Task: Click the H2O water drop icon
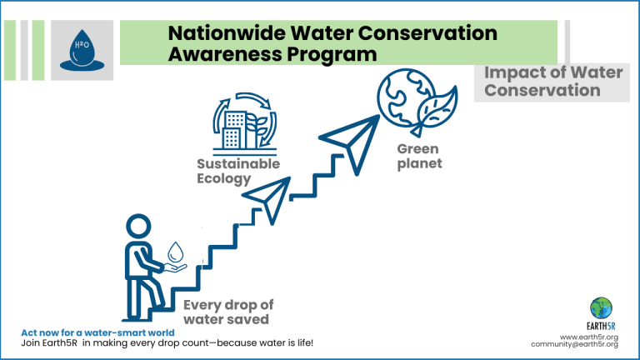tap(82, 50)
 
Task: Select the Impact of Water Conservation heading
tap(553, 81)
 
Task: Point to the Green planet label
tap(420, 156)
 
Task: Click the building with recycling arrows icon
tap(244, 122)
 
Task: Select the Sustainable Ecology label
tap(238, 171)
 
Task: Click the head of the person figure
tap(138, 226)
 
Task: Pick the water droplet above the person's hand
tap(176, 252)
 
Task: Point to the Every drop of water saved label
tap(228, 312)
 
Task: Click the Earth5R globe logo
tap(601, 308)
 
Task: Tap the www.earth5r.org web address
tap(589, 337)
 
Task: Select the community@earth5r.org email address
tap(575, 344)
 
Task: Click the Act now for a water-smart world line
tap(98, 332)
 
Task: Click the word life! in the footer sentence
tap(303, 342)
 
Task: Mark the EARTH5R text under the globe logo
tap(601, 326)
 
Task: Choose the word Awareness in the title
tap(224, 54)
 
